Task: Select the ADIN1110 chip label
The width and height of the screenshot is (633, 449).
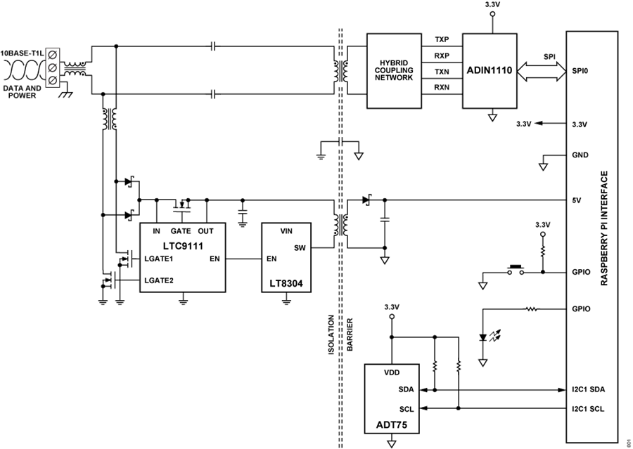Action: [491, 71]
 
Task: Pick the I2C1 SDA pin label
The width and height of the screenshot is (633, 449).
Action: [589, 389]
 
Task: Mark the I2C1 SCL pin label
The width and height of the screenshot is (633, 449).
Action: [589, 408]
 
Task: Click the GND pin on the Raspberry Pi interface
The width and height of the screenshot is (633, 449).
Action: [580, 155]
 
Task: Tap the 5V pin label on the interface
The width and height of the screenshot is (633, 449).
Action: [577, 200]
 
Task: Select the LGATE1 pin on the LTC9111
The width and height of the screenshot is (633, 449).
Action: [159, 259]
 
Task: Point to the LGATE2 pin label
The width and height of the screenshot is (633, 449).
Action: [160, 280]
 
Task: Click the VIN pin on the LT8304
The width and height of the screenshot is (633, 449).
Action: [286, 230]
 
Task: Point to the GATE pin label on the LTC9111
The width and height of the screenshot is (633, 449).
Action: [181, 230]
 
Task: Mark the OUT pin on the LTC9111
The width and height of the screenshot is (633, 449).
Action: [205, 230]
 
